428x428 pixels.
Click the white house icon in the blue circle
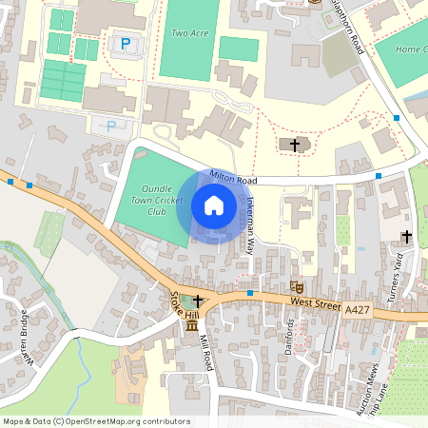[214, 205]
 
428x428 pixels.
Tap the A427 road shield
[358, 309]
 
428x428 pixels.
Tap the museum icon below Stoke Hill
[193, 327]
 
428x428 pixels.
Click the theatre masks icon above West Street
[296, 284]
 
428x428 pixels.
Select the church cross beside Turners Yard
[407, 236]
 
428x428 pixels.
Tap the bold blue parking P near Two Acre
[125, 43]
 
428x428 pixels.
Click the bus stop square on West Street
[249, 293]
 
